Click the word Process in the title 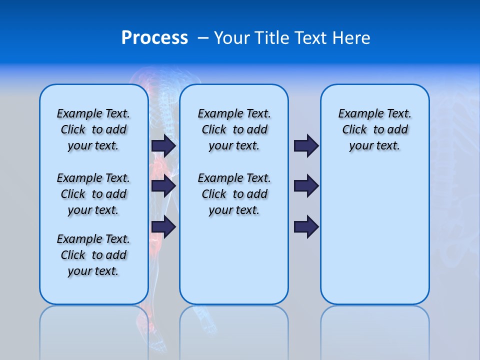point(154,37)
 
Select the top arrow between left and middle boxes point(163,145)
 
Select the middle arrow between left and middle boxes point(163,186)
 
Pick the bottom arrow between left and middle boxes point(163,227)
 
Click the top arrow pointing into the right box point(306,145)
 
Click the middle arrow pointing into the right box point(306,186)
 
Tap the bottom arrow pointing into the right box point(306,227)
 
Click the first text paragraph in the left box point(93,129)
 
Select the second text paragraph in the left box point(93,194)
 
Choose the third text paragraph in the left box point(93,255)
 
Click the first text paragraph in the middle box point(234,129)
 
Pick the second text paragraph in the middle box point(234,194)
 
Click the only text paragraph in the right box point(374,129)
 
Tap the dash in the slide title point(203,37)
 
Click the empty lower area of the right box point(374,240)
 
